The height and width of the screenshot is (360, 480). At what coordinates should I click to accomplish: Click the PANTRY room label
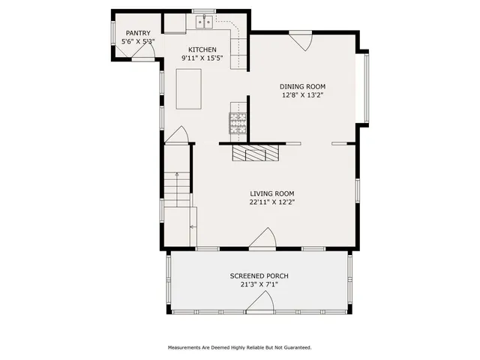point(138,33)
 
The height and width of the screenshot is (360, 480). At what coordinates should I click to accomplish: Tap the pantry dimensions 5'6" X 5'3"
point(138,42)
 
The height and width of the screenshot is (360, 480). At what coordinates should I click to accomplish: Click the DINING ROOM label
point(303,86)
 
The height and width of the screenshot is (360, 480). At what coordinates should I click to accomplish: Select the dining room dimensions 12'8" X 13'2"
point(303,95)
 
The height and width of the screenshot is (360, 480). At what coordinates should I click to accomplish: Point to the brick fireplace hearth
point(254,154)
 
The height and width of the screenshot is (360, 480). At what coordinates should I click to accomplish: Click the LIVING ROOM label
point(272,193)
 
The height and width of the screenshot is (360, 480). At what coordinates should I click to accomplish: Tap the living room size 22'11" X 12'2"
point(272,202)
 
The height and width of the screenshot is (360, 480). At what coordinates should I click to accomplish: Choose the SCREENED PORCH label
point(259,276)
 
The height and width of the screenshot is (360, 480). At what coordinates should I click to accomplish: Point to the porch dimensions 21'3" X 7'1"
point(259,285)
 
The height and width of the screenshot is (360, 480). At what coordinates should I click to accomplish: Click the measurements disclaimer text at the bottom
point(239,347)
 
